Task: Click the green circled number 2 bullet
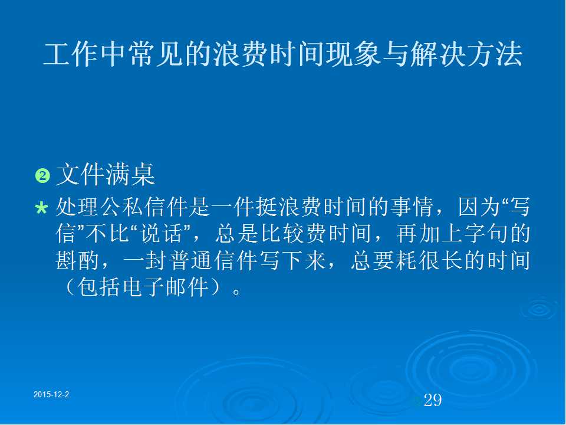click(42, 176)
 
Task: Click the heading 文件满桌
click(106, 175)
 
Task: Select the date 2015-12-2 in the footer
click(51, 394)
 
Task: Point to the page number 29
click(432, 400)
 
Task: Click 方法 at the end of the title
click(494, 54)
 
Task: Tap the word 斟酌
click(77, 260)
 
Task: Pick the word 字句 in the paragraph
click(486, 234)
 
